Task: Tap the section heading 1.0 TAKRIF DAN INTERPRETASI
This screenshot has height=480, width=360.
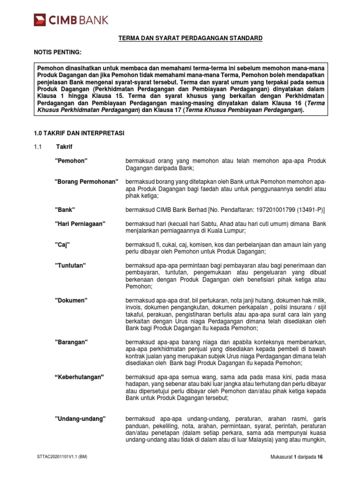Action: tap(79, 134)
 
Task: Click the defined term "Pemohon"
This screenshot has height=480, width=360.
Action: tap(71, 161)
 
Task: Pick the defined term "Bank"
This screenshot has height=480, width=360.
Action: tap(65, 209)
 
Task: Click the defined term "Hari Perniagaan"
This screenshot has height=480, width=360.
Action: tap(80, 224)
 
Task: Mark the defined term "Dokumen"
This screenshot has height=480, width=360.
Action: tap(72, 299)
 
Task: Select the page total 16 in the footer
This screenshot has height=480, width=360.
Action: tap(321, 457)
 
